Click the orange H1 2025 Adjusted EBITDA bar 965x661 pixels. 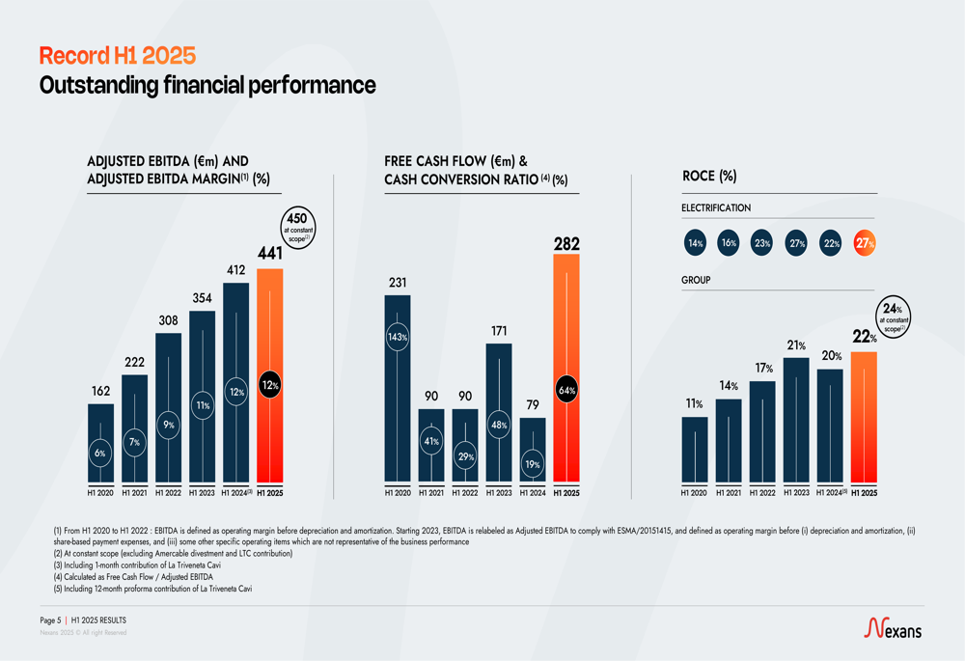270,376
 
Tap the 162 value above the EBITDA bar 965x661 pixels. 101,391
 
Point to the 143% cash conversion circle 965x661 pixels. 398,338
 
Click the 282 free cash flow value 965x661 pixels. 566,245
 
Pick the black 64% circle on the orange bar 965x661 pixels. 566,391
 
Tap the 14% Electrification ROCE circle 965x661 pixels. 695,244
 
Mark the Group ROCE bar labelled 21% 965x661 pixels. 796,420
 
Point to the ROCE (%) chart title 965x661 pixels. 709,176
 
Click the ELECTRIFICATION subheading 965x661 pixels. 716,208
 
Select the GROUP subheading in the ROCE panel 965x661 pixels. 696,280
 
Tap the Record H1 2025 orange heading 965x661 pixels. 117,56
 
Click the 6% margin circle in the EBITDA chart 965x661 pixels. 101,453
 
